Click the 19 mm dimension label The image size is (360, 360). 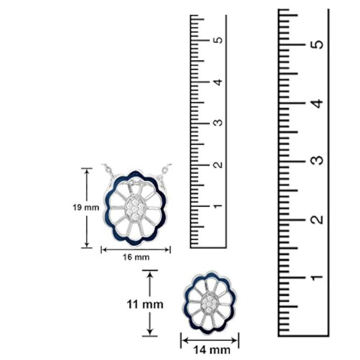(86, 207)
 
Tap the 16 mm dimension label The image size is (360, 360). (136, 257)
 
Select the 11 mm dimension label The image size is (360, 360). (145, 305)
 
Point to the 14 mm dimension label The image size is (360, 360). (211, 350)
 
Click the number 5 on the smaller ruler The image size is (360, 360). (219, 40)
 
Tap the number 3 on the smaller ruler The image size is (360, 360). (219, 123)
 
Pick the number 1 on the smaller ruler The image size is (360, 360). (218, 206)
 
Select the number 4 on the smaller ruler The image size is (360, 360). (219, 81)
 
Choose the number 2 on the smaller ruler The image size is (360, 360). (219, 165)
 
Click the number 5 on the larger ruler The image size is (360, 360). (318, 44)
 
